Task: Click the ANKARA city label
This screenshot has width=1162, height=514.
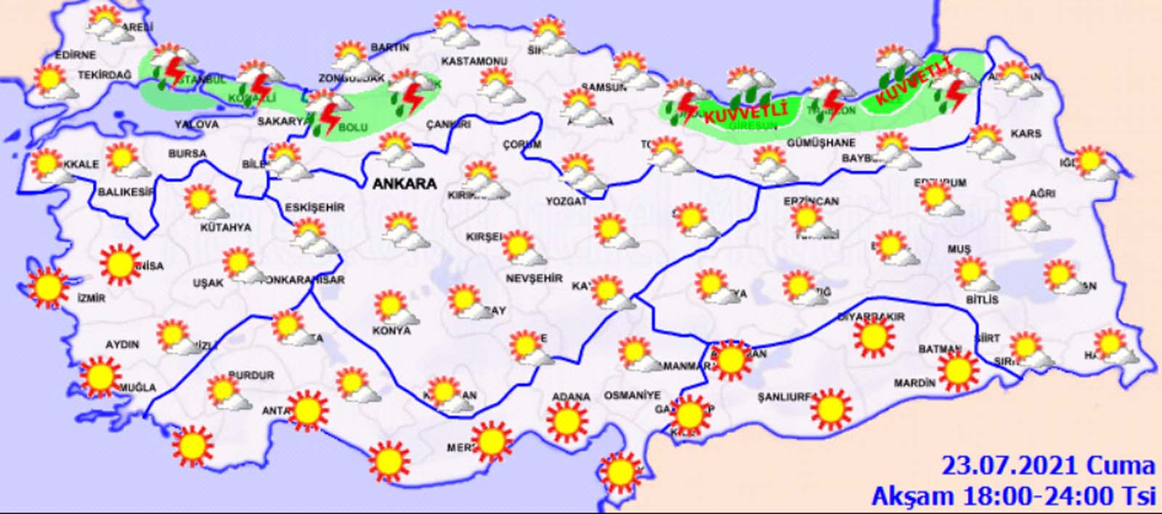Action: [x=405, y=184]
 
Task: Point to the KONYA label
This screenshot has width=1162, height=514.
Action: [x=391, y=330]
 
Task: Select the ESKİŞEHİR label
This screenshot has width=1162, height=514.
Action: [x=314, y=207]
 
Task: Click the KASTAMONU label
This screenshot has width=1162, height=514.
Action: [x=474, y=61]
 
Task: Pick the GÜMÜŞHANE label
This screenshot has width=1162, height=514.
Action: [x=821, y=143]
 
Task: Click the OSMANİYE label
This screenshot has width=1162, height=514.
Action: [x=632, y=395]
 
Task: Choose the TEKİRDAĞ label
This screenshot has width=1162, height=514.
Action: [x=105, y=75]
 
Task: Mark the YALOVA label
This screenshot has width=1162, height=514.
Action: [x=196, y=124]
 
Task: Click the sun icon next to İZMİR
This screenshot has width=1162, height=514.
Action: [x=49, y=286]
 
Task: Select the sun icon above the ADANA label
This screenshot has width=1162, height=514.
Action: [x=566, y=422]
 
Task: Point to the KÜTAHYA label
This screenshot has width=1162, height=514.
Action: [x=226, y=228]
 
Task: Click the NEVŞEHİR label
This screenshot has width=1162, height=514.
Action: [x=535, y=278]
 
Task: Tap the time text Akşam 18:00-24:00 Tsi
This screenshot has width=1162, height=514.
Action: [x=1012, y=496]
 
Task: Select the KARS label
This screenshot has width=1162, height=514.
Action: [x=1025, y=134]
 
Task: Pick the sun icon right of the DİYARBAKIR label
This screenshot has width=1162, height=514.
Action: [x=873, y=336]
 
